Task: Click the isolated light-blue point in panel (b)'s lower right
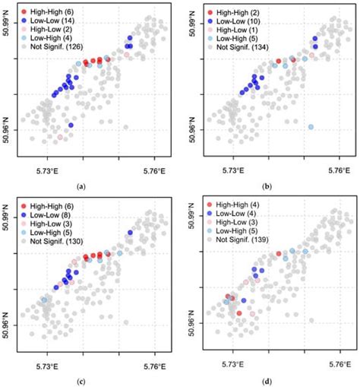pyautogui.click(x=311, y=126)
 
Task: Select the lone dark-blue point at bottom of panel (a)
pyautogui.click(x=71, y=125)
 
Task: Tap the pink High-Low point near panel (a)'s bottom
pyautogui.click(x=60, y=138)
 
